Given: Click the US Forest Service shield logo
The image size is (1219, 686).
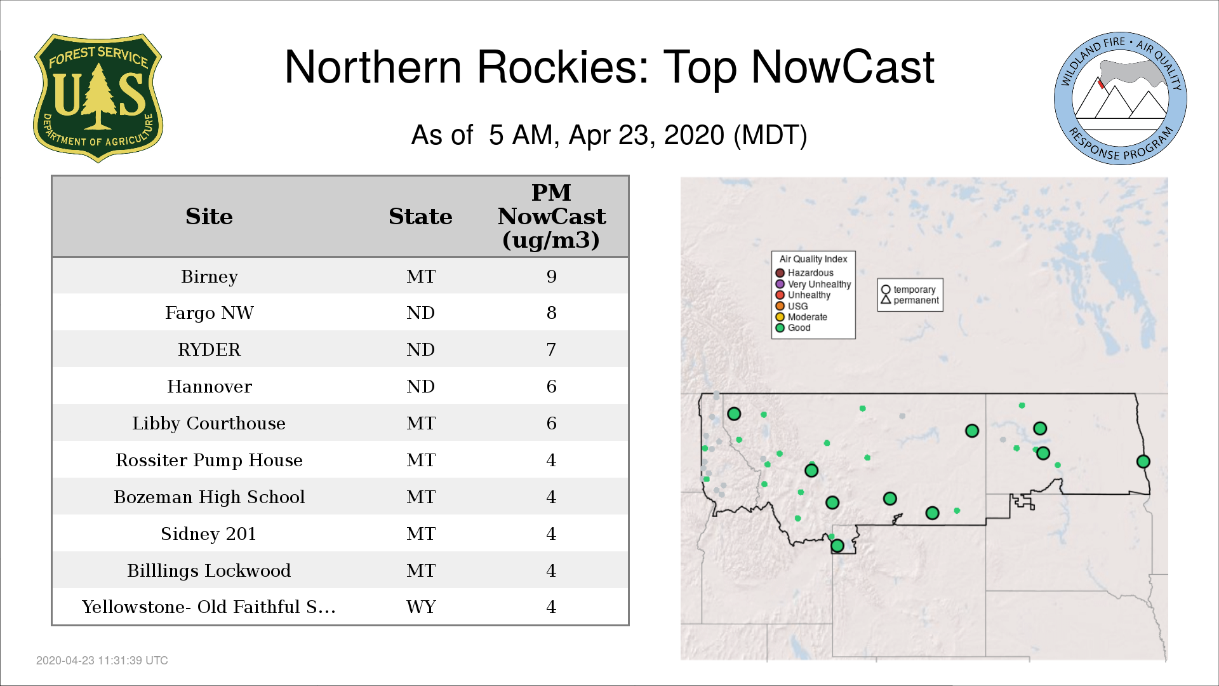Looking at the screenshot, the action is tap(98, 98).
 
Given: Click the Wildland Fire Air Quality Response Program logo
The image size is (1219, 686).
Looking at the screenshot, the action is tap(1121, 98).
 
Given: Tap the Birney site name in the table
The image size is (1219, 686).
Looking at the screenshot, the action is tap(210, 276).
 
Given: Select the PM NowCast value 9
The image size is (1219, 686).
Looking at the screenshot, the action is tap(551, 276).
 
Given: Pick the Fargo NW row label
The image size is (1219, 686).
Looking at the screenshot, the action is tap(210, 313).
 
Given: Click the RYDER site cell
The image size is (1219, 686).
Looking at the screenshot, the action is tap(210, 349).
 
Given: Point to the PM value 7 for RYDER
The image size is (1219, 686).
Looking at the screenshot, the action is tap(551, 349).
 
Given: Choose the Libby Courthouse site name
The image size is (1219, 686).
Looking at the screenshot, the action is tap(209, 423).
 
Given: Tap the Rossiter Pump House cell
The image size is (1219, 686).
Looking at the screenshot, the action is tap(209, 460).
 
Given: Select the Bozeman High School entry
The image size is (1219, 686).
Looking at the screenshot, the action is tap(210, 497).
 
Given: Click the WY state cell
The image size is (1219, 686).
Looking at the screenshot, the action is tap(421, 607).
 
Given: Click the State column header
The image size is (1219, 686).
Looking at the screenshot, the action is tap(420, 216).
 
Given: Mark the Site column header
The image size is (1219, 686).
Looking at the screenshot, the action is tap(209, 216).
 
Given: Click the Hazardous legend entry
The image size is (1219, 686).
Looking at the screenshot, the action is tap(804, 273).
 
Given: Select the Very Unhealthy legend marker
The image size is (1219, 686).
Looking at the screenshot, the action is tap(780, 284).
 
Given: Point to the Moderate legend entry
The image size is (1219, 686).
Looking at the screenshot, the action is tap(801, 317).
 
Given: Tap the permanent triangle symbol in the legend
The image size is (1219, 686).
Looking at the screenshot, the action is tap(886, 300).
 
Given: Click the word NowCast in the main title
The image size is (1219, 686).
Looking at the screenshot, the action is tap(843, 67).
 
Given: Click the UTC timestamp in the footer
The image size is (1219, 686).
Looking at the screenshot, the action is tap(102, 661).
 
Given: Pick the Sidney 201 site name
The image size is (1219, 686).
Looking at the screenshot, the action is tap(208, 534).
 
